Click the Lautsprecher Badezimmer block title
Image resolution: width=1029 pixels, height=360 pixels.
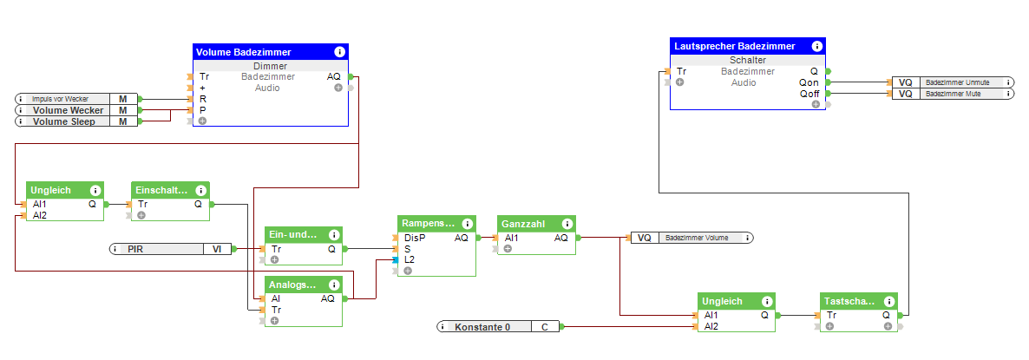(734, 46)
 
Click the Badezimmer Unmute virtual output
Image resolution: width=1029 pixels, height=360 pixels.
(962, 82)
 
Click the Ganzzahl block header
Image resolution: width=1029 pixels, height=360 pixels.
(524, 224)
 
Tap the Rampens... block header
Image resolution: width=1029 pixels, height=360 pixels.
(426, 224)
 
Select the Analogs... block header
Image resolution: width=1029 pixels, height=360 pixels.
(292, 285)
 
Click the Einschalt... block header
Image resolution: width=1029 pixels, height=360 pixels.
(161, 190)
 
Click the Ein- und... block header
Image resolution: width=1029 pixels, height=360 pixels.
(292, 235)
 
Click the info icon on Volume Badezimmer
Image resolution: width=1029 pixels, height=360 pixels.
(339, 52)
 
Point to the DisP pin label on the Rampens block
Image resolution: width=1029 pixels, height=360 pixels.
(415, 238)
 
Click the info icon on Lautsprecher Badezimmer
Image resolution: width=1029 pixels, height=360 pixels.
(816, 46)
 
